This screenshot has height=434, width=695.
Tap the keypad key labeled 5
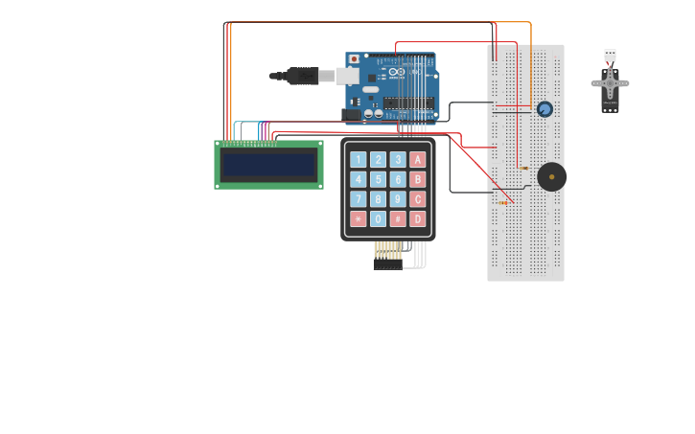378,179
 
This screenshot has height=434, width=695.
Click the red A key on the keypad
417,159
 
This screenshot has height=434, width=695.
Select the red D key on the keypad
417,218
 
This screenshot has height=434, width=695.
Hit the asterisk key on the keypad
358,218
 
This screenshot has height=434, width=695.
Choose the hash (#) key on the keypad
398,218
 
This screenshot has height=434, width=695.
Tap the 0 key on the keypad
378,218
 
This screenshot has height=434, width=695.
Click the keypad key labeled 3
398,159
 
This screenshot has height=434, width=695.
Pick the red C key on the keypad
417,199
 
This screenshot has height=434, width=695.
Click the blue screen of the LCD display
268,165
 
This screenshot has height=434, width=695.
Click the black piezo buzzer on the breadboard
551,176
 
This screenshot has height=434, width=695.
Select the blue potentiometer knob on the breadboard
544,109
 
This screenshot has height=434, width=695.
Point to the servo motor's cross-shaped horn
610,83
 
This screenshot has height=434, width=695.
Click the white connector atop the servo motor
610,55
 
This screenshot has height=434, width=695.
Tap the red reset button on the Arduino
354,59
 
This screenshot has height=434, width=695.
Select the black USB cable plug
302,76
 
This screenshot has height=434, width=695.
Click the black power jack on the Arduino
351,115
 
